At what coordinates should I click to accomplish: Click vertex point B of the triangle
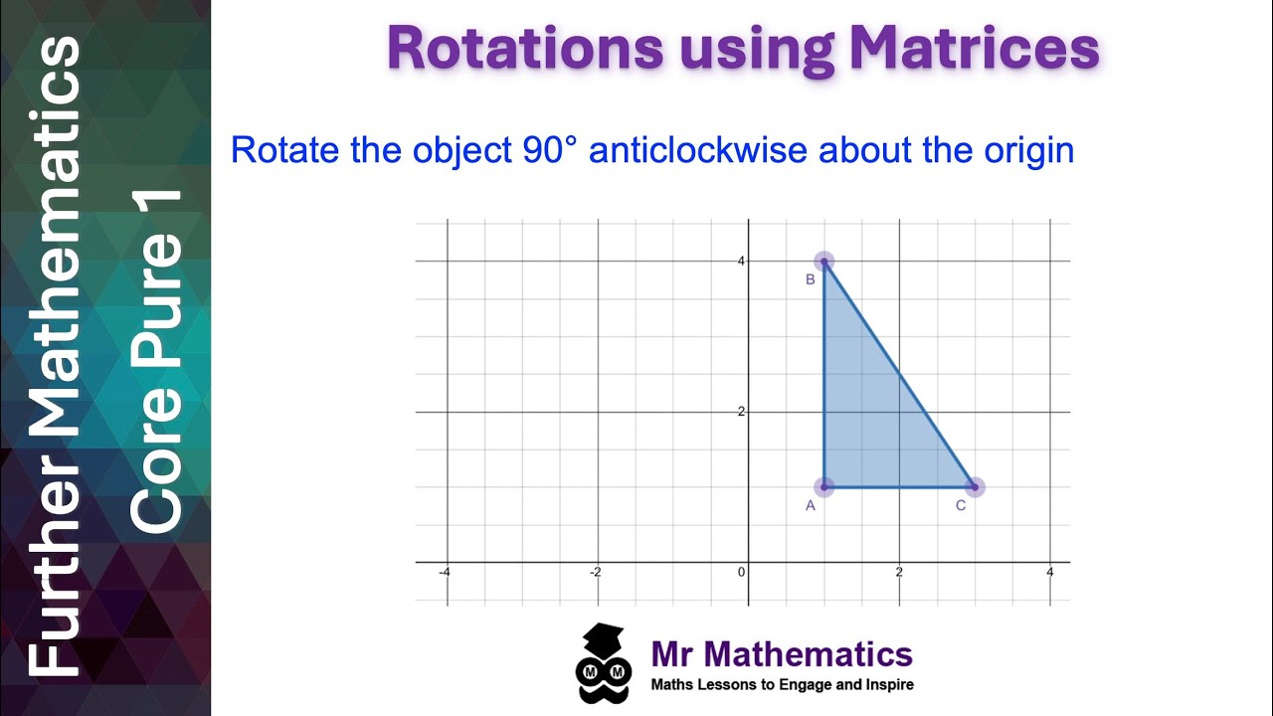pos(823,262)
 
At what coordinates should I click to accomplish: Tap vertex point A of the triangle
pos(823,486)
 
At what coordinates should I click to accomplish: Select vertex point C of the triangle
pos(975,486)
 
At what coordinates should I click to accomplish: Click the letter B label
pos(811,279)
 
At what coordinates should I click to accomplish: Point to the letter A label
pos(811,506)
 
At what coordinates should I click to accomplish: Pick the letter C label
pos(961,506)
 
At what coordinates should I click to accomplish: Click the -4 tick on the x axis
pos(445,572)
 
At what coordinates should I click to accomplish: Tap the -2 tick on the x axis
pos(595,572)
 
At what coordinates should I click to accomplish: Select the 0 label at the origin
pos(741,572)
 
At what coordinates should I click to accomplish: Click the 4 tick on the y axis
pos(740,261)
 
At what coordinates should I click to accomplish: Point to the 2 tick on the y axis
pos(740,412)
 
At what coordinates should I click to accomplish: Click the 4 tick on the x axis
pos(1049,572)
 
